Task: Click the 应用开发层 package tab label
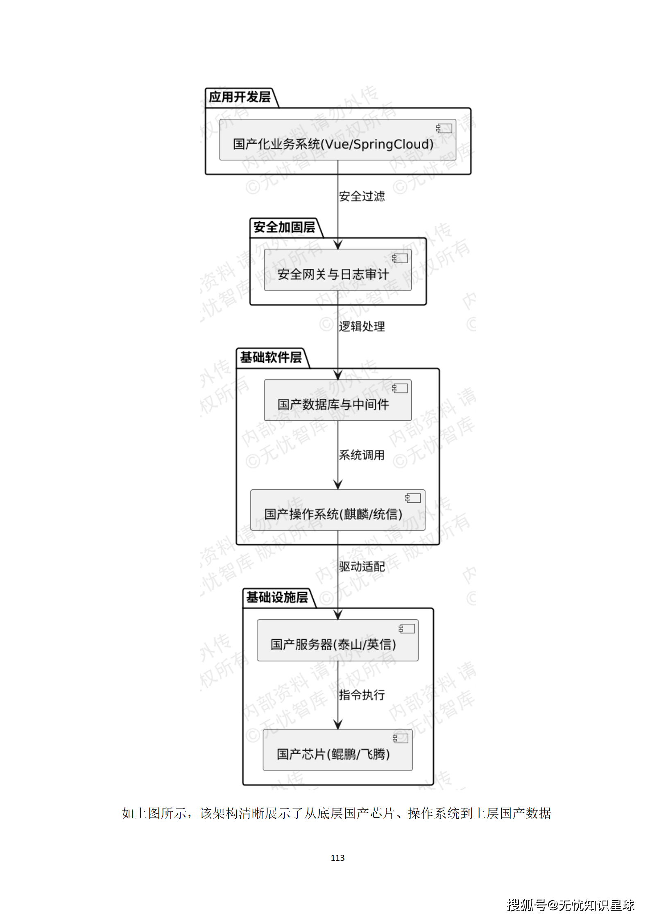(240, 97)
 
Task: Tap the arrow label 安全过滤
(362, 196)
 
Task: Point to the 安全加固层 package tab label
(284, 227)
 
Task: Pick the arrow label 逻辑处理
(362, 327)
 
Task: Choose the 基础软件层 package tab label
(271, 357)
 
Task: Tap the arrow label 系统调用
(362, 455)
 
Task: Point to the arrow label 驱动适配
(362, 567)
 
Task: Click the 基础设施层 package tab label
(277, 597)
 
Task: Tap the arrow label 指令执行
(362, 695)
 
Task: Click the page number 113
(337, 858)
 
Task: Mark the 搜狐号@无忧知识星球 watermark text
(570, 905)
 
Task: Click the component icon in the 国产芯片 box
(400, 738)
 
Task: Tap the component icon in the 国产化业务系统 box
(444, 129)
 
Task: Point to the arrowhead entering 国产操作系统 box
(338, 485)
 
